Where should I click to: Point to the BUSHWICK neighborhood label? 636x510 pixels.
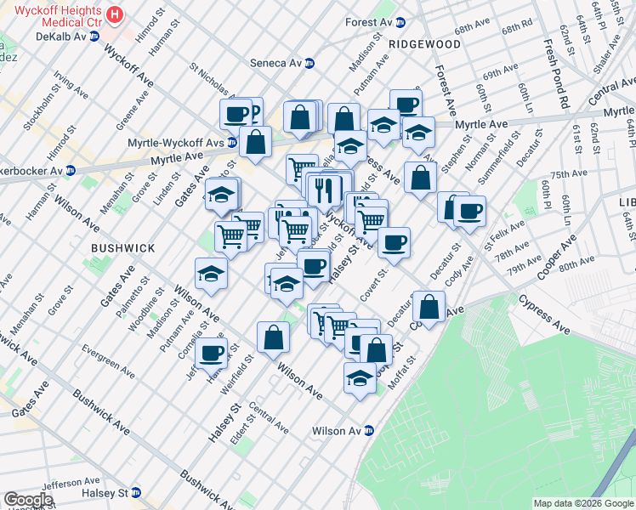pyautogui.click(x=123, y=247)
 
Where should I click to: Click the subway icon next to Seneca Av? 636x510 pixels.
pyautogui.click(x=309, y=63)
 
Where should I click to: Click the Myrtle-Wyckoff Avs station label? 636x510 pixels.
pyautogui.click(x=176, y=143)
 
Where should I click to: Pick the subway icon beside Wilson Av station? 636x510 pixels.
pyautogui.click(x=368, y=431)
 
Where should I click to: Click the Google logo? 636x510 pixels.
pyautogui.click(x=28, y=500)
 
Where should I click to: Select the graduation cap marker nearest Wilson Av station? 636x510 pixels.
pyautogui.click(x=360, y=377)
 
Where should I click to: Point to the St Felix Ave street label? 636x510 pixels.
pyautogui.click(x=500, y=235)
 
